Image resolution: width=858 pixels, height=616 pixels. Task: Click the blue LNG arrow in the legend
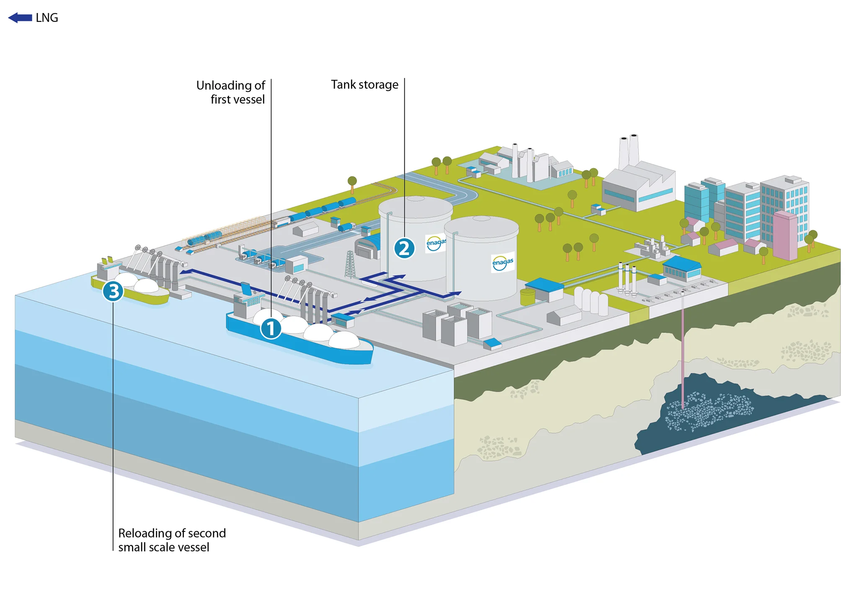coord(20,18)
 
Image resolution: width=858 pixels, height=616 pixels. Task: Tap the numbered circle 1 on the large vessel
coord(271,328)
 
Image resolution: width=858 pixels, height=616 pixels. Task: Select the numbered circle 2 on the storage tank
coord(404,248)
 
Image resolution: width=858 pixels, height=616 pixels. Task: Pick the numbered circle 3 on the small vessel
coord(113,291)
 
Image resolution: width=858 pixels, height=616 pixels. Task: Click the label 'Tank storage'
coord(364,85)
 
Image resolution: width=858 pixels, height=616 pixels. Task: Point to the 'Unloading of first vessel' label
coord(231,92)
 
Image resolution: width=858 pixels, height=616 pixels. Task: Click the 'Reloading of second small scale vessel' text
coord(172,540)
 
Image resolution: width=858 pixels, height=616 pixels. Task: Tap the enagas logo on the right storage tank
coord(502,263)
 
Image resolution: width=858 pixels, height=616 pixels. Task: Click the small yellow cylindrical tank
coord(527,296)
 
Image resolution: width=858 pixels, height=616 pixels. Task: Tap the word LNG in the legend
coord(47,18)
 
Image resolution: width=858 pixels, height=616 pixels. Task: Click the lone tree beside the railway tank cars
coord(352,184)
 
